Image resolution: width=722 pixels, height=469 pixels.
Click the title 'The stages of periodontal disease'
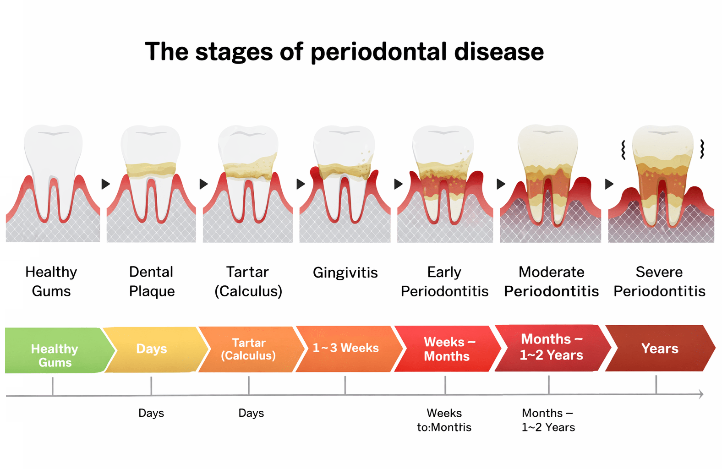tap(344, 52)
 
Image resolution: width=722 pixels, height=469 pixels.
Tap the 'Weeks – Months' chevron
tap(448, 349)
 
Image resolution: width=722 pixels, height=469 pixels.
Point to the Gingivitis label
tap(345, 273)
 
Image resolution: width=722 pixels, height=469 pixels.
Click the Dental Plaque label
tap(152, 281)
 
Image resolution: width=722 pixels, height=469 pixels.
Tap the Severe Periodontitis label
tap(660, 281)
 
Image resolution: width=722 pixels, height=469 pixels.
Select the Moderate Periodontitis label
tap(552, 281)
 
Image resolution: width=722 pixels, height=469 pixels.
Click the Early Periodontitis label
tap(444, 281)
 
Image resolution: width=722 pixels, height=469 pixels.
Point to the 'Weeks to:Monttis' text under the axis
tap(444, 420)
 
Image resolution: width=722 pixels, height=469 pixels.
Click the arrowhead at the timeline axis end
tap(701, 394)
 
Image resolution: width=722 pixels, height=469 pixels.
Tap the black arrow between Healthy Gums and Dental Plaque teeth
tap(106, 184)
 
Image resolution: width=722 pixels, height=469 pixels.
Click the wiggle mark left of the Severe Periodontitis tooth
tap(624, 150)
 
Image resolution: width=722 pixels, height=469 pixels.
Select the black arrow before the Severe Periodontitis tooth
tap(609, 184)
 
